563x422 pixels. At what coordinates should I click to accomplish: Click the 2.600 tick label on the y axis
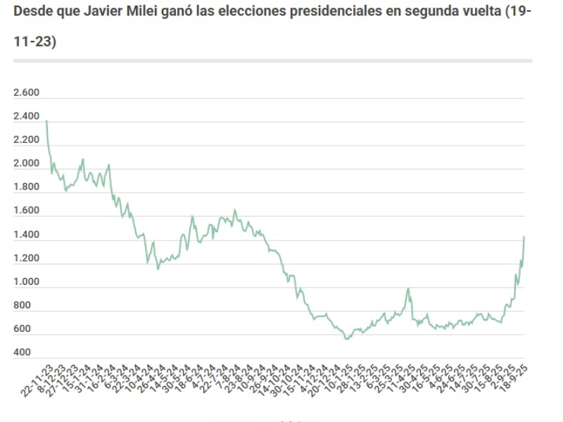point(27,93)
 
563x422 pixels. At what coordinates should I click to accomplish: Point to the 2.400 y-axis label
point(27,116)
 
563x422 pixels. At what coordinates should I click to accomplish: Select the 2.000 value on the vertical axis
point(27,163)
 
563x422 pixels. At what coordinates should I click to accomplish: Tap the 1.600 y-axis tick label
point(27,210)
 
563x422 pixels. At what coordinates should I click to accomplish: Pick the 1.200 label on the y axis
point(27,258)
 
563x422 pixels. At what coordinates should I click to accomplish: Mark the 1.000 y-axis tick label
point(27,282)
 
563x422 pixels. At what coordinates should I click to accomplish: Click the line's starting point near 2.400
point(46,121)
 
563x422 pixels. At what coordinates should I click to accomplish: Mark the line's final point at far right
point(524,237)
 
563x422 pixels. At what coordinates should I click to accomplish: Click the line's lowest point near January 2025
point(346,340)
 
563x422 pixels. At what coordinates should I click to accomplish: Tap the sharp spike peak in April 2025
point(407,288)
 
